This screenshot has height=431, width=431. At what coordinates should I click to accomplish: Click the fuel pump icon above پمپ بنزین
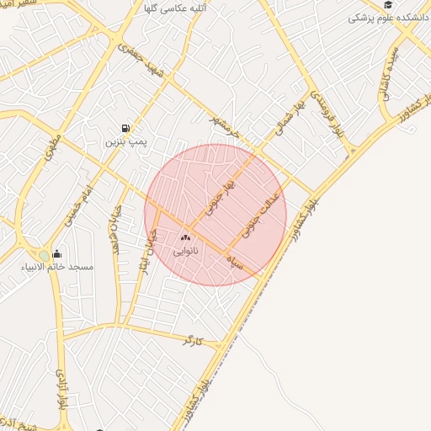125,128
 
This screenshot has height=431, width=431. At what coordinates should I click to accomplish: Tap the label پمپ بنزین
125,142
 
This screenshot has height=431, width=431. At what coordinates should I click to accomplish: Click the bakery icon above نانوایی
185,238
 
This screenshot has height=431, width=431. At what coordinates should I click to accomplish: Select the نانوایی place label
185,251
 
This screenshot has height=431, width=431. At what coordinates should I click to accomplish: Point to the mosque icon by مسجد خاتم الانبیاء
57,254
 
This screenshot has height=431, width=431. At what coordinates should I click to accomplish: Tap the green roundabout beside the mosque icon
44,256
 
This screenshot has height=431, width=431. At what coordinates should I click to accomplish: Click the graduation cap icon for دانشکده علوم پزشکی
388,4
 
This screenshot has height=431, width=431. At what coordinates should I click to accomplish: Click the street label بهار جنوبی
220,194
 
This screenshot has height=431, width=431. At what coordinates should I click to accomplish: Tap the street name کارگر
194,340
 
